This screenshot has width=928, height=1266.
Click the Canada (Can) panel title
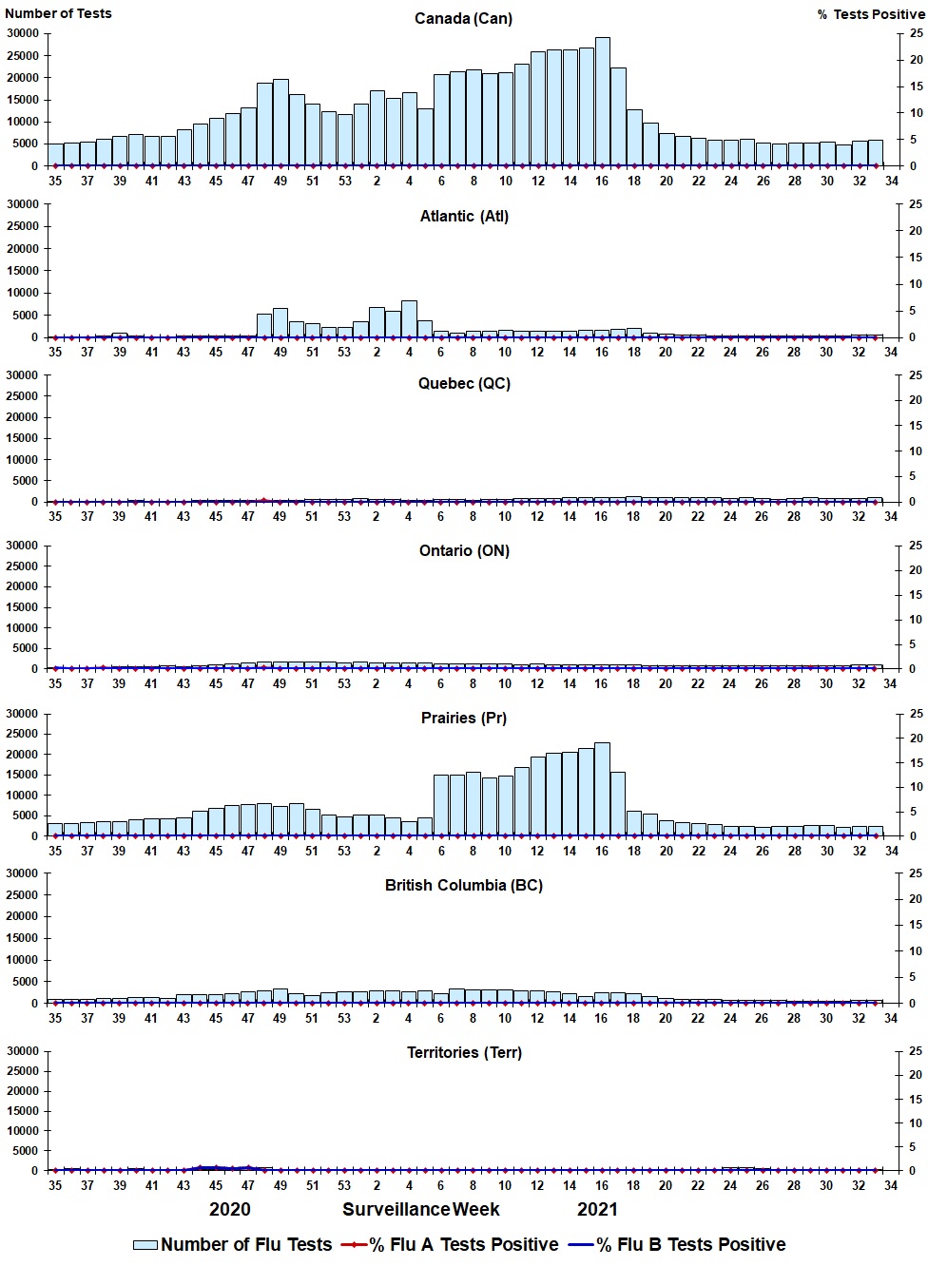coord(463,19)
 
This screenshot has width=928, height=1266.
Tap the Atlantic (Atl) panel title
coord(464,217)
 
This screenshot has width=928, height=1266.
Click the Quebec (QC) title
coord(464,384)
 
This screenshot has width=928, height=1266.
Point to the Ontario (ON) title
coord(464,551)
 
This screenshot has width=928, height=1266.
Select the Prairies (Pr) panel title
coord(464,719)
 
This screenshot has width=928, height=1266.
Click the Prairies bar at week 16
coord(602,790)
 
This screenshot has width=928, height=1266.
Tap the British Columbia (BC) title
coord(464,886)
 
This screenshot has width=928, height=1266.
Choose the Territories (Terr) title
coord(464,1053)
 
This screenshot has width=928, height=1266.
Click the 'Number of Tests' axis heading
coord(58,13)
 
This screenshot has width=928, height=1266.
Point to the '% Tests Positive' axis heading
coord(870,14)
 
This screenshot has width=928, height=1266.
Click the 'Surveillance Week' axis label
coord(421,1210)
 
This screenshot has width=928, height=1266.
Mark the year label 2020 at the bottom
coord(230,1210)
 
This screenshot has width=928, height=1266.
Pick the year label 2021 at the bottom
coord(597,1210)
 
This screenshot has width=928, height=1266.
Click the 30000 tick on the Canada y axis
coord(22,33)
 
